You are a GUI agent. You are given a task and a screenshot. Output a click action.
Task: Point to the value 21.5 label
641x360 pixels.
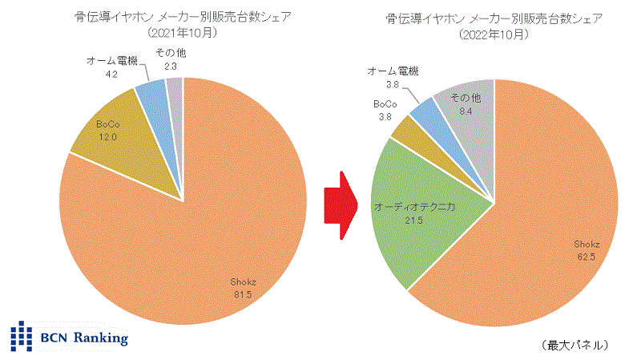414,219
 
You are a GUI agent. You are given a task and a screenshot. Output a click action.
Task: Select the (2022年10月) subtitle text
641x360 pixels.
494,34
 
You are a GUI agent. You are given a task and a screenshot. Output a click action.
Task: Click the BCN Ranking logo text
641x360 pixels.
85,338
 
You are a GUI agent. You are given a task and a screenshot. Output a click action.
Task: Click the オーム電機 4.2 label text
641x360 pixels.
112,66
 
